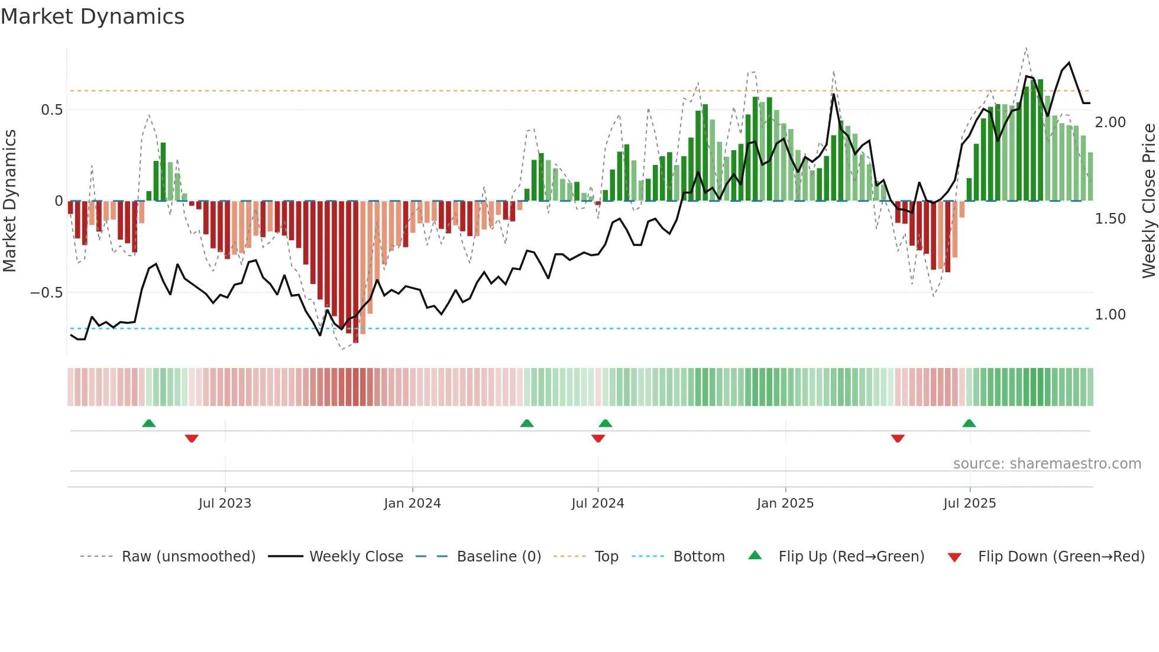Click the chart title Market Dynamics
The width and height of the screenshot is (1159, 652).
[x=92, y=17]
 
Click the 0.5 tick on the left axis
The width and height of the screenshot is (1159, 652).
[x=51, y=110]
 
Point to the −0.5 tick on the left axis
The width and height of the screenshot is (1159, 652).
[x=47, y=293]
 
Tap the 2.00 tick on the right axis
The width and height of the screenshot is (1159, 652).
[x=1110, y=122]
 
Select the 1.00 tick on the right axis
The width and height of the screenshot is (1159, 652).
[x=1110, y=315]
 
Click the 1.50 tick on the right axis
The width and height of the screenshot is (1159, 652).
[x=1110, y=219]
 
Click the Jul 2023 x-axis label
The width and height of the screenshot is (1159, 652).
[x=225, y=503]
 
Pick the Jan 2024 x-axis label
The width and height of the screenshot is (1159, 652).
[x=412, y=503]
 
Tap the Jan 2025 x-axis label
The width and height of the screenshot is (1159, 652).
[x=785, y=503]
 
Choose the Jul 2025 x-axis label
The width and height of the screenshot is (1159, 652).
[x=969, y=503]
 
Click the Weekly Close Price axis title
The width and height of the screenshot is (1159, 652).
[x=1148, y=201]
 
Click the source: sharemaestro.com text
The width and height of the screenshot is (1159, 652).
[x=1047, y=464]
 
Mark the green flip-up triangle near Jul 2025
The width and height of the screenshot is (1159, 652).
[x=969, y=424]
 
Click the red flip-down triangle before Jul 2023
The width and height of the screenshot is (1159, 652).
[x=192, y=438]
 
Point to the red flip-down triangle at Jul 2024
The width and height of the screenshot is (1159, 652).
[x=598, y=438]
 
